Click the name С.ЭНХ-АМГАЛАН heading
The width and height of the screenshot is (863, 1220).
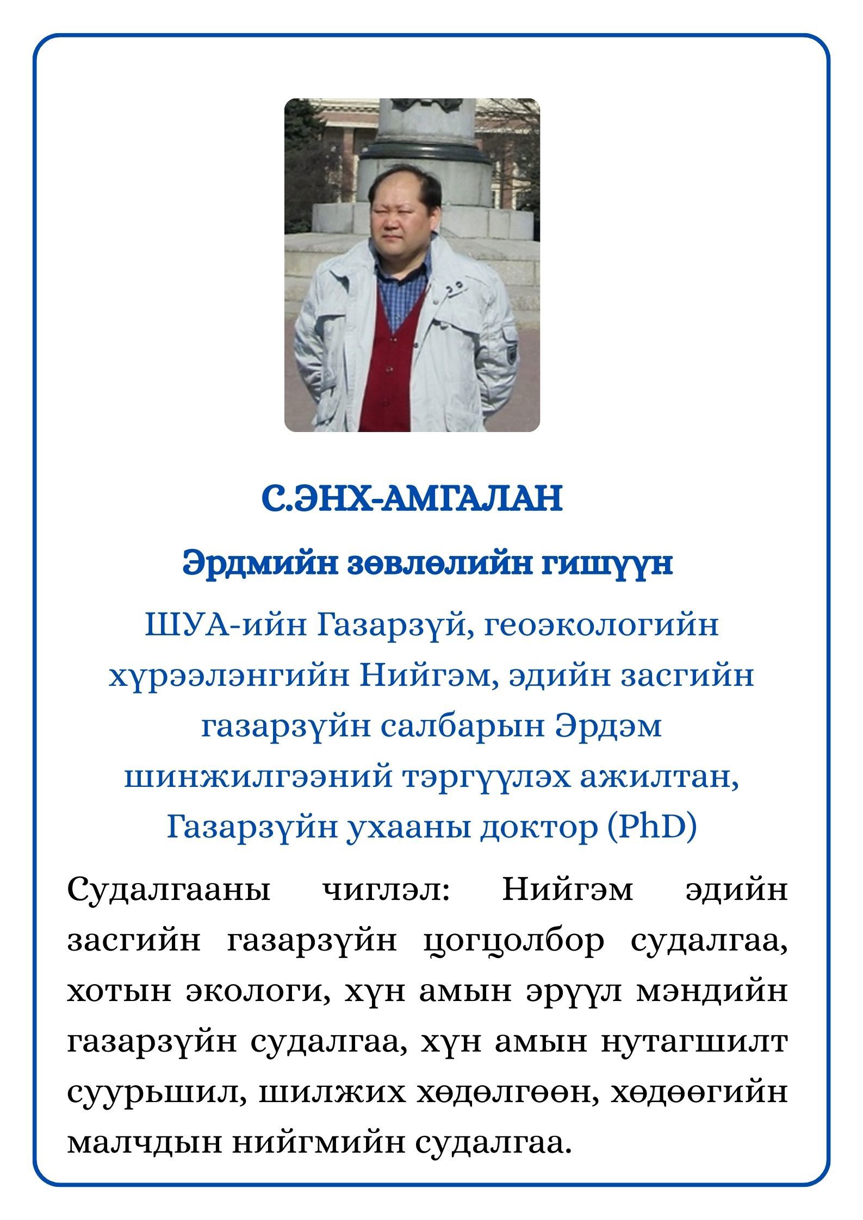pos(411,499)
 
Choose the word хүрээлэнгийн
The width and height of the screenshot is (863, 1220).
pos(226,677)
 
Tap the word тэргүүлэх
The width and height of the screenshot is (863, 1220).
pos(484,779)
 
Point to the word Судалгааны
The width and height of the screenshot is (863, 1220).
pos(169,892)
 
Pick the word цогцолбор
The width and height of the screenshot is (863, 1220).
pos(514,943)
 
